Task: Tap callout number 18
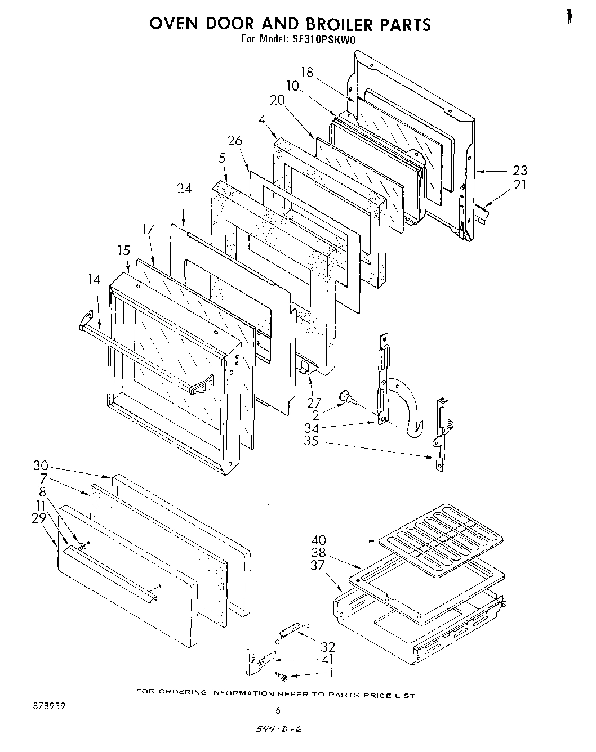pyautogui.click(x=306, y=72)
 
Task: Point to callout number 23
pyautogui.click(x=520, y=171)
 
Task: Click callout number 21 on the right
pyautogui.click(x=520, y=184)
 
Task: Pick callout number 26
pyautogui.click(x=235, y=140)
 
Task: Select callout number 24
pyautogui.click(x=184, y=189)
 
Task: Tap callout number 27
pyautogui.click(x=314, y=402)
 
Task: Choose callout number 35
pyautogui.click(x=311, y=441)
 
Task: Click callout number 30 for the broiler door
pyautogui.click(x=41, y=466)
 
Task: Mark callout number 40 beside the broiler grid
pyautogui.click(x=318, y=540)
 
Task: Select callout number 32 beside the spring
pyautogui.click(x=327, y=646)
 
